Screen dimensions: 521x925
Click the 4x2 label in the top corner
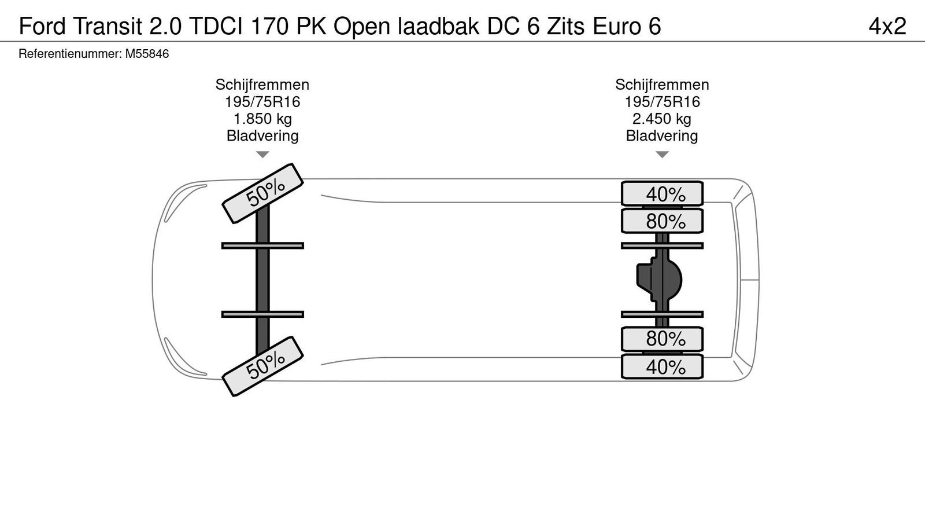[887, 26]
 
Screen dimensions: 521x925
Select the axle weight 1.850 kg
[262, 119]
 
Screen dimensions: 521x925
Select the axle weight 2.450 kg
[662, 119]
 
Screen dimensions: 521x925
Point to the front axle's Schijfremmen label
[262, 85]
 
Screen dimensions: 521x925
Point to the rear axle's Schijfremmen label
[662, 85]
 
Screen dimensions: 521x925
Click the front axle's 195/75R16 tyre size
[262, 102]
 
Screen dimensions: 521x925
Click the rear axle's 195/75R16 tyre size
[662, 102]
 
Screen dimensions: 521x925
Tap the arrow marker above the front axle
[262, 155]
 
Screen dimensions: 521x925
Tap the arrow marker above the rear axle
[663, 155]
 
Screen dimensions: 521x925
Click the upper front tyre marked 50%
[264, 193]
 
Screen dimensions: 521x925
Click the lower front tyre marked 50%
[264, 366]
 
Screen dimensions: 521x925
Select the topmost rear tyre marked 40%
[663, 193]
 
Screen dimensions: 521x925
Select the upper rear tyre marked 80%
[663, 221]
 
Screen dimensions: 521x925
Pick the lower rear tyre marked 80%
[663, 339]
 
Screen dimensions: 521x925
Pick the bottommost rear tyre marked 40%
[663, 366]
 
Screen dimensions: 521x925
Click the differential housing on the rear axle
[660, 280]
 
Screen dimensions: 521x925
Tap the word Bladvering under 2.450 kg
[662, 136]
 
